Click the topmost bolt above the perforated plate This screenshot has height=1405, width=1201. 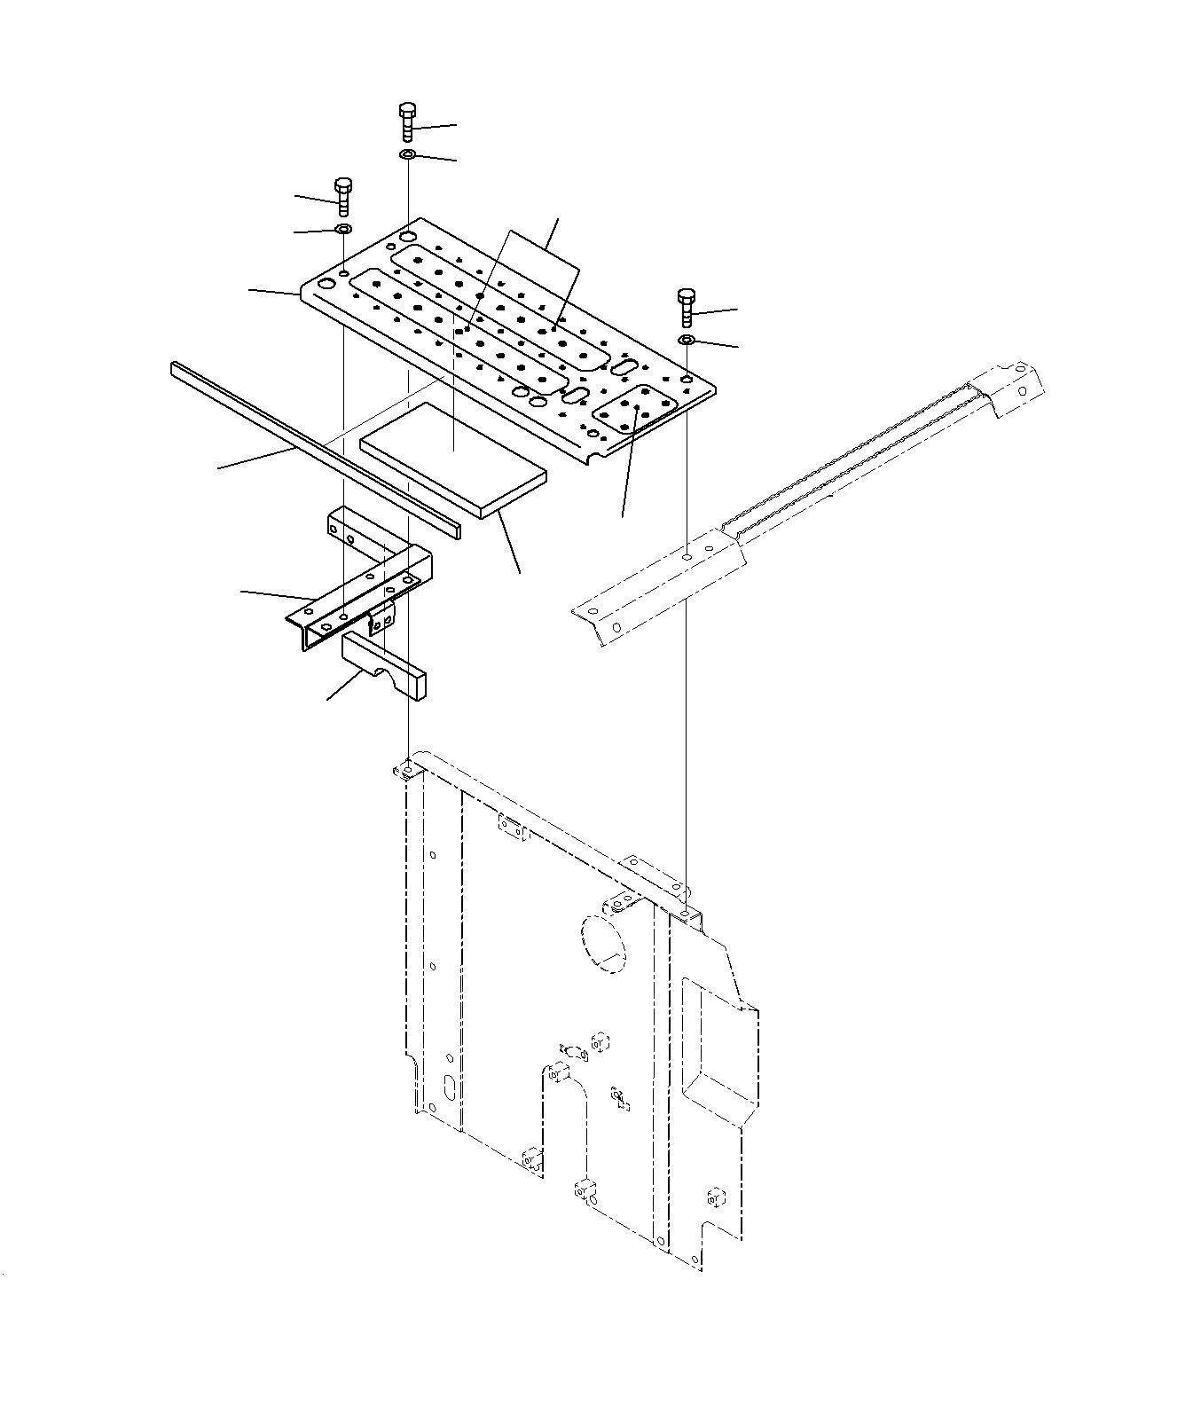pos(407,122)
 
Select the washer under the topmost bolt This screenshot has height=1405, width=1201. pos(407,155)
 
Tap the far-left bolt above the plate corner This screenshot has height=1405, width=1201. pos(343,196)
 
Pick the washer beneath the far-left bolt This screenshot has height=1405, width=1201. pos(343,230)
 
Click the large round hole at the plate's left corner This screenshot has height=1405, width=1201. pos(326,284)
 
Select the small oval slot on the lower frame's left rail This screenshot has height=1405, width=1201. pos(450,1087)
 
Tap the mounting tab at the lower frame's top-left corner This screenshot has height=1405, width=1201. pos(404,770)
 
